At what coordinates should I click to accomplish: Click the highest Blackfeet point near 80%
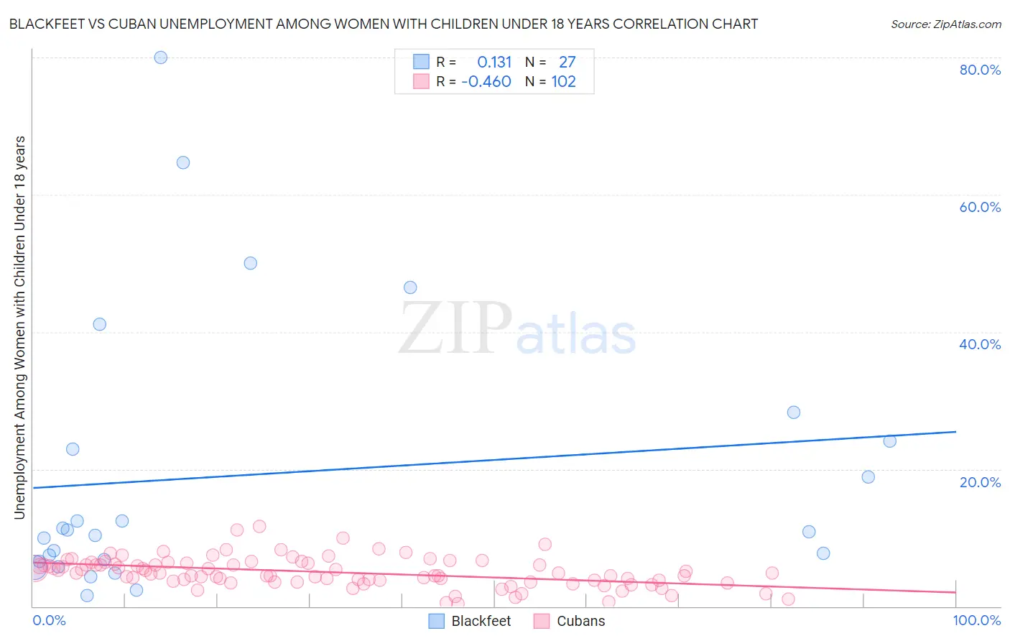[161, 57]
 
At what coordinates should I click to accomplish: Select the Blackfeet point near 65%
[183, 162]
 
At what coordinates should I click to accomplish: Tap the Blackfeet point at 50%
[250, 263]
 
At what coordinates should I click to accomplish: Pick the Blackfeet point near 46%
[410, 287]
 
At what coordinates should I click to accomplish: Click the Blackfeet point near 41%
[100, 324]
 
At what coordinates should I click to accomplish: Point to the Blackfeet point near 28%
[794, 412]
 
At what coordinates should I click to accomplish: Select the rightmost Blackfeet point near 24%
[890, 441]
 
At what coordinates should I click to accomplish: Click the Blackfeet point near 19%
[868, 477]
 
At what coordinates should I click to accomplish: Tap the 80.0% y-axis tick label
[980, 70]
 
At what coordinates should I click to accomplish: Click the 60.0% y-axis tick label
[980, 207]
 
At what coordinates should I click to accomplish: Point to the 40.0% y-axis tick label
[980, 344]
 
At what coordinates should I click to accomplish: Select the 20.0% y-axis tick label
[980, 482]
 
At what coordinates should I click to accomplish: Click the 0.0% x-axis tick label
[49, 620]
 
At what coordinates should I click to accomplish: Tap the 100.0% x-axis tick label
[977, 620]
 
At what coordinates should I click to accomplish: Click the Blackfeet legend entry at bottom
[481, 621]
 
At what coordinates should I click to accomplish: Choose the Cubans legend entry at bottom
[580, 621]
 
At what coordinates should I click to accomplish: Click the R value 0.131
[494, 63]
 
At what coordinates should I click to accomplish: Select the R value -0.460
[486, 82]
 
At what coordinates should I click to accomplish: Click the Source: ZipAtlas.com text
[945, 24]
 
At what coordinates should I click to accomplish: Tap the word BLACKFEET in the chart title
[44, 24]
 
